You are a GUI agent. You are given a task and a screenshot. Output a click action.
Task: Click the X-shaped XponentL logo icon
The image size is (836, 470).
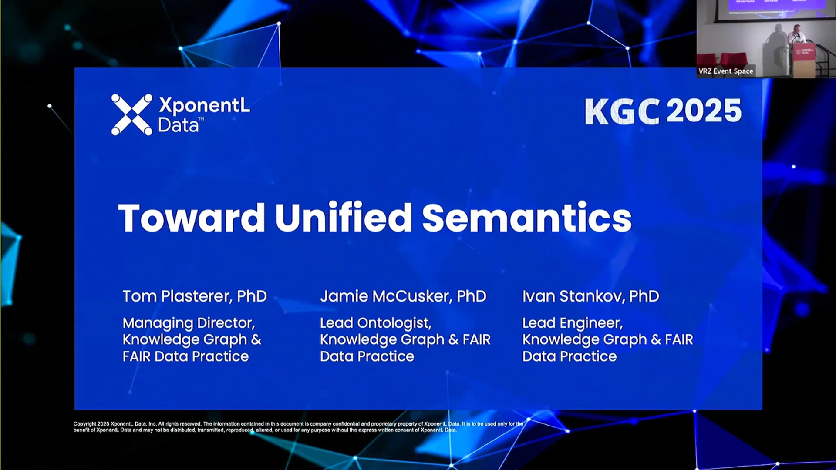131,114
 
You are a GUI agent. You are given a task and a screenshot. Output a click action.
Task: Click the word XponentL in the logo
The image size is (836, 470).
204,105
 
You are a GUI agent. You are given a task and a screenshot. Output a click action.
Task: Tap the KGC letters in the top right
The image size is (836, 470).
622,111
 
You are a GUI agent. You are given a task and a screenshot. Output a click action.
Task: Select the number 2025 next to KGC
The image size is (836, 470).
704,111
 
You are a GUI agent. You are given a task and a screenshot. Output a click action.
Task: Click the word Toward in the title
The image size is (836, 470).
192,218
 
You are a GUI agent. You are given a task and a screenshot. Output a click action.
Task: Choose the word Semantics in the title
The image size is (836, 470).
527,218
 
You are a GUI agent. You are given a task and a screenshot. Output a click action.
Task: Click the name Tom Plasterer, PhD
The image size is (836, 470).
195,296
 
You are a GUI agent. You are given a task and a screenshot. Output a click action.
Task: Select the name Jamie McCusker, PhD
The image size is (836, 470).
403,296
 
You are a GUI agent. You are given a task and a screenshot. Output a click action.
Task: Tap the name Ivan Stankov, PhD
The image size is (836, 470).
590,296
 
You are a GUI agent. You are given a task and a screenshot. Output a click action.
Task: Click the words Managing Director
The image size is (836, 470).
189,323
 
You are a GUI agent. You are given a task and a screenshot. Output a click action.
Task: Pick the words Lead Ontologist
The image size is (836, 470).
375,323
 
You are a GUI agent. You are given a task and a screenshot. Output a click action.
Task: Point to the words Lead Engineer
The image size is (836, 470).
572,323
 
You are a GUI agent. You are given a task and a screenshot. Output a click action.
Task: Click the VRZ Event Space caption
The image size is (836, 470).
725,71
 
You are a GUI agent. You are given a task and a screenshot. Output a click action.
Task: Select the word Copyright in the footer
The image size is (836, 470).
84,424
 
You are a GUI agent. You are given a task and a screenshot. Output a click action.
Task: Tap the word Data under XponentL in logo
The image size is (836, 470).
178,125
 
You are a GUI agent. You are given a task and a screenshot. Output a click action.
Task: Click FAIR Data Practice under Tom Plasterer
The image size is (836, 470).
185,356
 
